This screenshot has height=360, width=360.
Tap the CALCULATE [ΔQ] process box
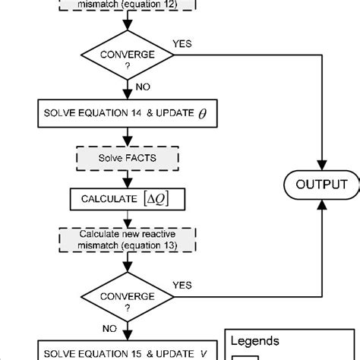coord(127,200)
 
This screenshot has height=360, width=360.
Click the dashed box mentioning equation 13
coord(127,242)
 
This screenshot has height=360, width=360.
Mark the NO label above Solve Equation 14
coord(143,87)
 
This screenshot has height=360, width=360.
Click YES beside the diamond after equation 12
coord(182,44)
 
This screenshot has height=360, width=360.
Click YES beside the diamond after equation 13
coord(182,284)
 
